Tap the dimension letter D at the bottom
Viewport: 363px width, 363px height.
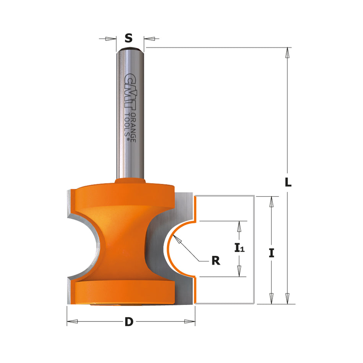pos(129,322)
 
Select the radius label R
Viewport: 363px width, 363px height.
pos(216,261)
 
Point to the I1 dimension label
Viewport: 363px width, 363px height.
pos(239,249)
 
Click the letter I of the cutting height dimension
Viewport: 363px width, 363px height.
pos(271,253)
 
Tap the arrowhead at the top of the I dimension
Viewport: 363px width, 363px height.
pos(271,201)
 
